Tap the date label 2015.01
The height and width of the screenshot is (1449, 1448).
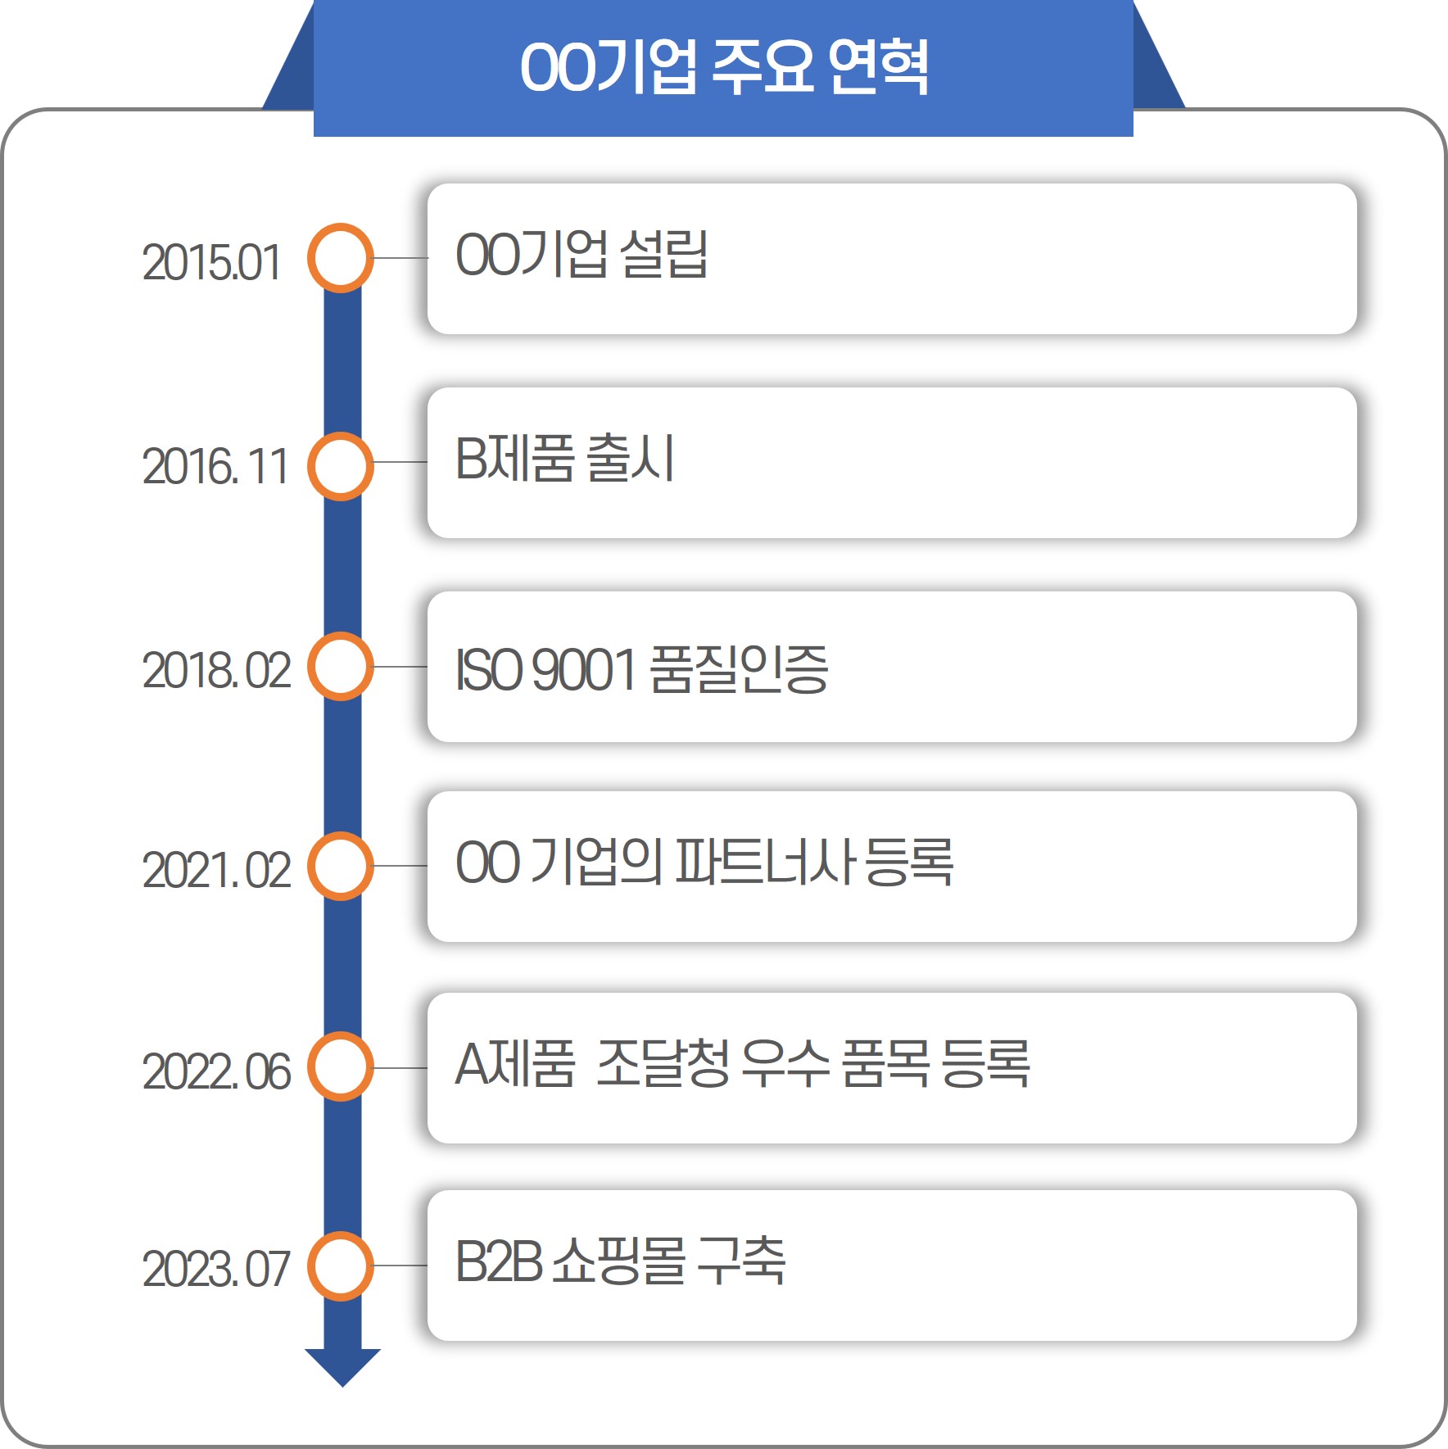[211, 263]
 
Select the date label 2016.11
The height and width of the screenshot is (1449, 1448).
[215, 466]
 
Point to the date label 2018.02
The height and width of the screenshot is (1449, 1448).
[216, 670]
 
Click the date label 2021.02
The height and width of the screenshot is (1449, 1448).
[216, 870]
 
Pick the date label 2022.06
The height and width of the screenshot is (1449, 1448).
[216, 1071]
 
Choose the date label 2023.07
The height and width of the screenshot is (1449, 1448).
[216, 1269]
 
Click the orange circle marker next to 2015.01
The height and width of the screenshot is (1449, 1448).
[341, 258]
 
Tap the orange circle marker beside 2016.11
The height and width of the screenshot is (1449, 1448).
[341, 466]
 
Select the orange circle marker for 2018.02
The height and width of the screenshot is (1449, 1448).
[341, 667]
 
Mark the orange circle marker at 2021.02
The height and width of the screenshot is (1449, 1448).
[341, 866]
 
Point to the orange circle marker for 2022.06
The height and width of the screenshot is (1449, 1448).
[341, 1067]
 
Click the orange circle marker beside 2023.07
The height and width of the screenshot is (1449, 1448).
[341, 1266]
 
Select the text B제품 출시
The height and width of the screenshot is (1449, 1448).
[564, 458]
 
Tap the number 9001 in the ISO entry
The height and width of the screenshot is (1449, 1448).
[584, 669]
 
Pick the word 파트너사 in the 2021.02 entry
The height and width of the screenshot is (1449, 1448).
[766, 863]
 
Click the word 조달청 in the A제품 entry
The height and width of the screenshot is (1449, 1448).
[662, 1064]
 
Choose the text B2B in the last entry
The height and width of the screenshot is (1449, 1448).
[498, 1261]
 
